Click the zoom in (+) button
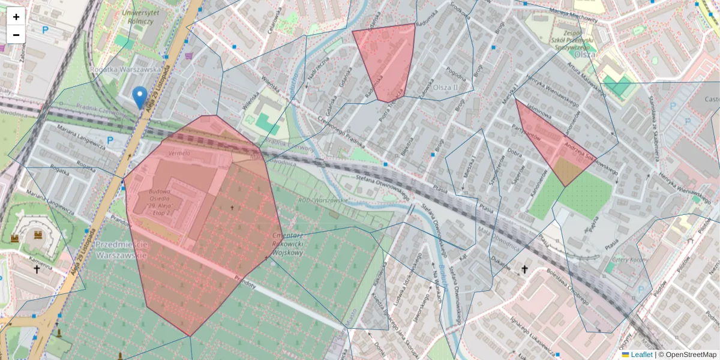(x=16, y=17)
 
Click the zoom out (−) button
(x=16, y=35)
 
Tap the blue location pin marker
(x=140, y=97)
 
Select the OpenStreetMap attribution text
(x=691, y=355)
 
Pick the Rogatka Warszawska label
(x=126, y=69)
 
